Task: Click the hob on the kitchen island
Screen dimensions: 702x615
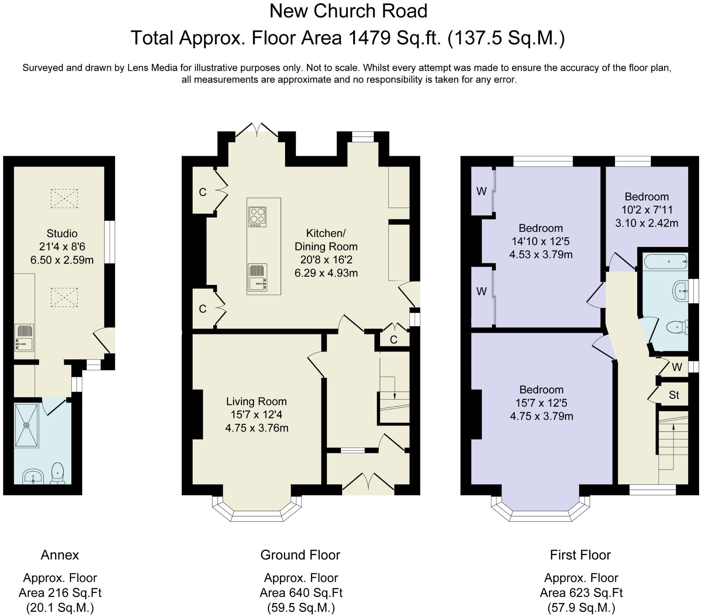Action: click(x=257, y=217)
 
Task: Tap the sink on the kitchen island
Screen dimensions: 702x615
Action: click(x=257, y=278)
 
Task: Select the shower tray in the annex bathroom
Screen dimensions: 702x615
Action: click(x=26, y=425)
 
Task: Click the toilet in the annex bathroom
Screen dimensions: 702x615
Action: click(x=58, y=473)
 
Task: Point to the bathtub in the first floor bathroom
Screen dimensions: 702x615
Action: click(x=666, y=262)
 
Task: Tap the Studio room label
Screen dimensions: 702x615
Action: click(x=62, y=233)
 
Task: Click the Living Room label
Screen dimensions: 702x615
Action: click(x=257, y=401)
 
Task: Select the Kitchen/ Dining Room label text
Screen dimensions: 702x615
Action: click(x=326, y=240)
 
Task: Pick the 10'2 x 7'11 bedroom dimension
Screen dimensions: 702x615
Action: click(x=647, y=210)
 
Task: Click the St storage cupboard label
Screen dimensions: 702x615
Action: click(x=674, y=395)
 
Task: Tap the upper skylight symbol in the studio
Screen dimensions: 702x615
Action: click(x=64, y=198)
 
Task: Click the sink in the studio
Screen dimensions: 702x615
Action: click(x=24, y=338)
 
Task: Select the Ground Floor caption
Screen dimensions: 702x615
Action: click(x=300, y=555)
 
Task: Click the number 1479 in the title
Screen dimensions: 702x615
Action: click(x=370, y=38)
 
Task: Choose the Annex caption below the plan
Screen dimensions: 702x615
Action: click(x=60, y=555)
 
